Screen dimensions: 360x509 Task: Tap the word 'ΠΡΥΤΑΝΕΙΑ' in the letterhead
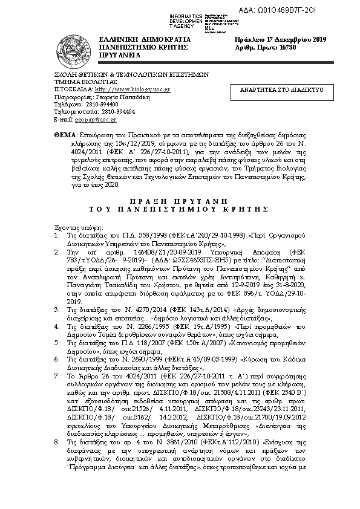pyautogui.click(x=120, y=55)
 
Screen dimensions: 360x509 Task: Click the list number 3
pyautogui.click(x=56, y=308)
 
